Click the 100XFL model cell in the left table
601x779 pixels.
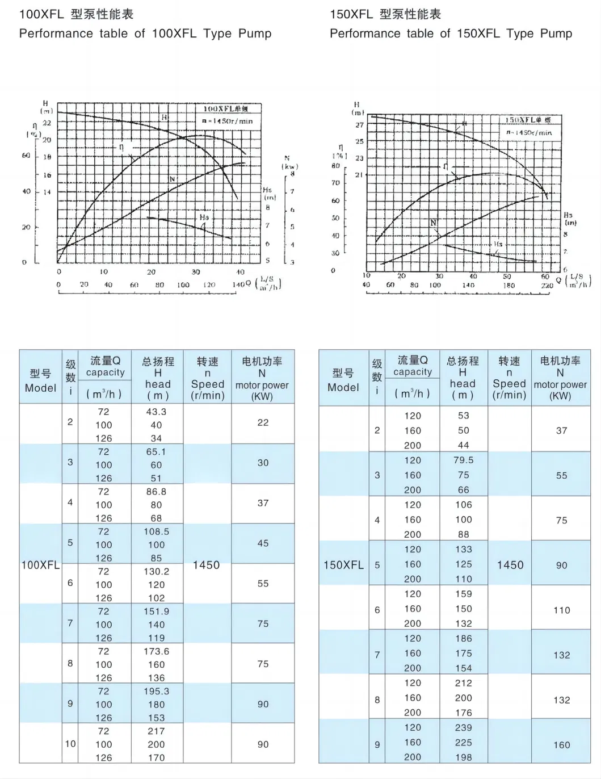[x=40, y=565]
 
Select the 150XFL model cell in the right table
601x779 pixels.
[x=343, y=565]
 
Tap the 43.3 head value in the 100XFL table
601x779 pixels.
[x=156, y=412]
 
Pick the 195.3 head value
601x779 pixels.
[x=156, y=691]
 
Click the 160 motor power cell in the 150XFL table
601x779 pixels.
[x=561, y=745]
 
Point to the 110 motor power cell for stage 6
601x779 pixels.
[x=561, y=610]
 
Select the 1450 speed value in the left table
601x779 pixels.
[x=206, y=565]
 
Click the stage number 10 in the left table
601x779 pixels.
[x=70, y=744]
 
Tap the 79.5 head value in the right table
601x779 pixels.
[x=463, y=460]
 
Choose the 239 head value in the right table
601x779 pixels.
[x=463, y=727]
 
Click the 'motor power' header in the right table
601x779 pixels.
[x=560, y=384]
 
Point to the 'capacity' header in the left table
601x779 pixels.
[x=105, y=372]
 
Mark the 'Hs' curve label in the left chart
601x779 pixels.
[x=204, y=217]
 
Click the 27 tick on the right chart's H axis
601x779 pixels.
[x=359, y=125]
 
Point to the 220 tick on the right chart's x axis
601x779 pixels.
[x=547, y=285]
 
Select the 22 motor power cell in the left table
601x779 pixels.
[x=263, y=423]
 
